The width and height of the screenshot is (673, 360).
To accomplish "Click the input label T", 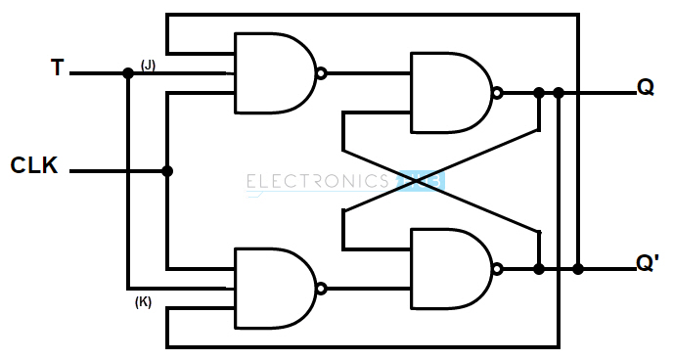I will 58,68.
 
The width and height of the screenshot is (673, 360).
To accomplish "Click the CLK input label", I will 34,165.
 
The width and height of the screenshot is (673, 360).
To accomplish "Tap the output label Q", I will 645,87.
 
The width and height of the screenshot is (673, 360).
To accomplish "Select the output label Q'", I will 647,264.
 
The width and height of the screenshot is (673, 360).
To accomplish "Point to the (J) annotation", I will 148,65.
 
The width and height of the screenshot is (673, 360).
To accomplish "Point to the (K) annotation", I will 143,302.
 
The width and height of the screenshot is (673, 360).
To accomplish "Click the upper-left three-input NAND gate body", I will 273,73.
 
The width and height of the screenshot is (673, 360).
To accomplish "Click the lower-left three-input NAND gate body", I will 273,288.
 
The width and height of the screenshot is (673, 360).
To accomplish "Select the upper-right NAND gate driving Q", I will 449,93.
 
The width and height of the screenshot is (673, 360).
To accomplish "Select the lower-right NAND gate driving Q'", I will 449,268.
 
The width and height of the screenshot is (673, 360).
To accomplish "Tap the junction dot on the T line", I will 128,73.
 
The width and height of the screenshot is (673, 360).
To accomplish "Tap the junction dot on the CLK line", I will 167,171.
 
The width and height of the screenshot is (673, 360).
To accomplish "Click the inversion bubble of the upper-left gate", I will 320,73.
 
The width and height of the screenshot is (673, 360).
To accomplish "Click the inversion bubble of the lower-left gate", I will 320,288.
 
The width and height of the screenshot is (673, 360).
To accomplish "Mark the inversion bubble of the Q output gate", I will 497,93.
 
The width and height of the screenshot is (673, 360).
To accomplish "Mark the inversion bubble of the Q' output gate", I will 497,268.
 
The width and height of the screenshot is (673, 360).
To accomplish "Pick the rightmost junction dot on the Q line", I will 559,93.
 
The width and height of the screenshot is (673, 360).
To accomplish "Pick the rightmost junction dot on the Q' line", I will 578,268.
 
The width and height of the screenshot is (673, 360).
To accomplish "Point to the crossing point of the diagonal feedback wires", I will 440,181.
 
